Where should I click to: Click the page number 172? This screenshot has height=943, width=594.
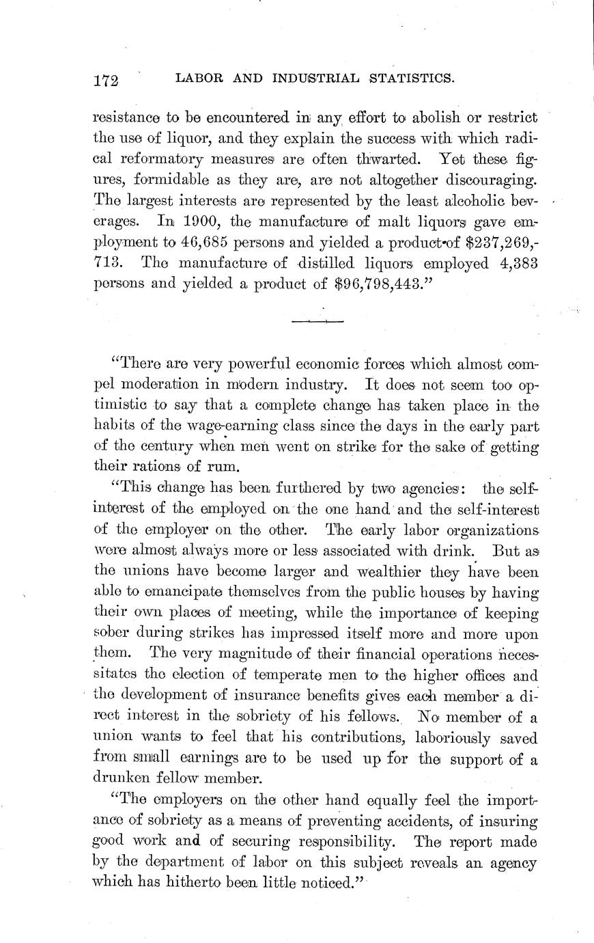106,81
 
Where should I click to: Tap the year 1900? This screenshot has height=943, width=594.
208,222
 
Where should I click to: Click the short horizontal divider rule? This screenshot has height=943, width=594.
317,320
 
